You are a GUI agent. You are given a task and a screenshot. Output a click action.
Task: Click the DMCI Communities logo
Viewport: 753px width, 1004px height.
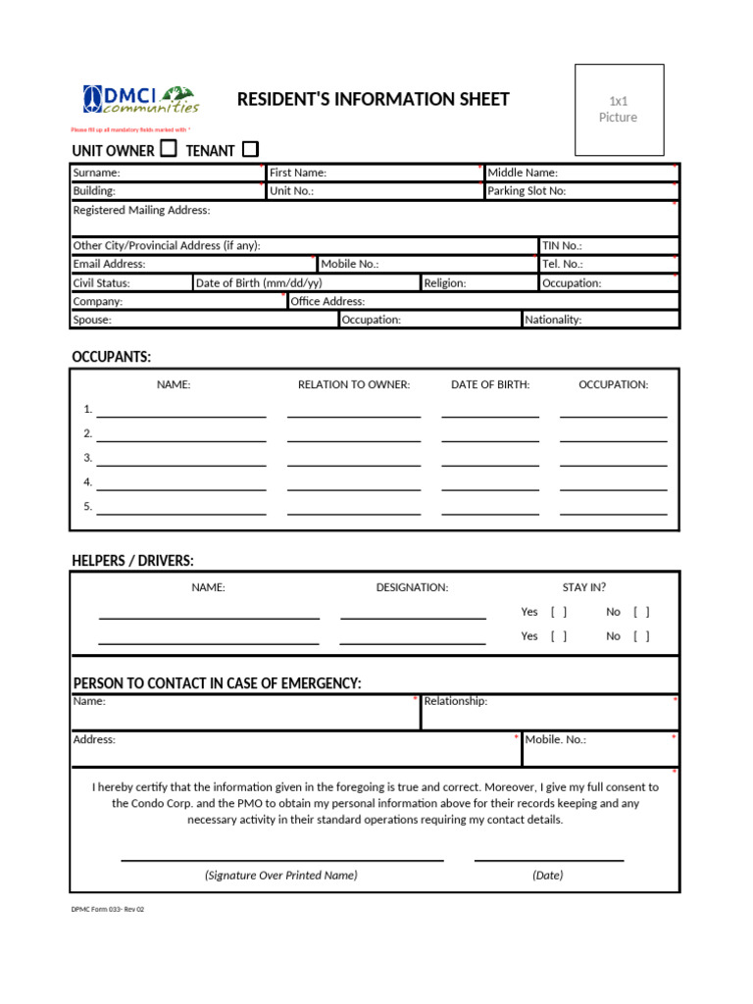140,99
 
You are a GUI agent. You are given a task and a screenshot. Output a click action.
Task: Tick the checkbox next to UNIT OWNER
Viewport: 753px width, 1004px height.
169,149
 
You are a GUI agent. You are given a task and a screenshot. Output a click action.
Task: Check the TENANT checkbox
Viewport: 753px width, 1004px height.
250,149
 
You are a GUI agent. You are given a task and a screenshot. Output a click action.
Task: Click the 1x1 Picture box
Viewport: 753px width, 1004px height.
619,110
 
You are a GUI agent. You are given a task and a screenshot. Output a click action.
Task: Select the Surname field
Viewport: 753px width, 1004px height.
167,173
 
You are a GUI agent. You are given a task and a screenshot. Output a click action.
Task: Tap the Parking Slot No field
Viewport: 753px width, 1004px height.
581,191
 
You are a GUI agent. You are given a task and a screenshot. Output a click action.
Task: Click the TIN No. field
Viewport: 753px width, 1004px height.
608,246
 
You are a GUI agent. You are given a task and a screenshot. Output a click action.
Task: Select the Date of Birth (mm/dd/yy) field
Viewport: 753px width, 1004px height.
306,283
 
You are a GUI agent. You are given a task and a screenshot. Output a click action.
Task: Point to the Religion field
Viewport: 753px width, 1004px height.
478,283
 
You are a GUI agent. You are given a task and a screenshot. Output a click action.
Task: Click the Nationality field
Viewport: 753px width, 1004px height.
600,320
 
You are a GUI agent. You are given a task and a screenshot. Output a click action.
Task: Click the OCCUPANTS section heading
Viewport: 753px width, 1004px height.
112,356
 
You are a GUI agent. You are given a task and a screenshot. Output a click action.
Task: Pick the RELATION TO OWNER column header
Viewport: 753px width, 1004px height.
354,384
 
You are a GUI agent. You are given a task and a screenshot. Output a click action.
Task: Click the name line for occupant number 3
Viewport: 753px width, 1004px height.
180,458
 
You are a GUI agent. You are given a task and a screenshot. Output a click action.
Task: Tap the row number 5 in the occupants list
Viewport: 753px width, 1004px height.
87,506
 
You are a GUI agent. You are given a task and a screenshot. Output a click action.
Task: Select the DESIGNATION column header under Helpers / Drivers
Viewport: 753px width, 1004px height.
412,587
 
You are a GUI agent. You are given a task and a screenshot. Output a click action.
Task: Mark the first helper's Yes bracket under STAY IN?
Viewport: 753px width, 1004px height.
559,612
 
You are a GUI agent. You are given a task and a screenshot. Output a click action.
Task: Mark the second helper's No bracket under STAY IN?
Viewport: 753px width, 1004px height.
641,636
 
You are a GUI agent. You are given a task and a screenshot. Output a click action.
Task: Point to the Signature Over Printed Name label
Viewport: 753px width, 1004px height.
281,875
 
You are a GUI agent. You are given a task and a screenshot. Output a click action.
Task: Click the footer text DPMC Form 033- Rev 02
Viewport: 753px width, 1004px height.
108,909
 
